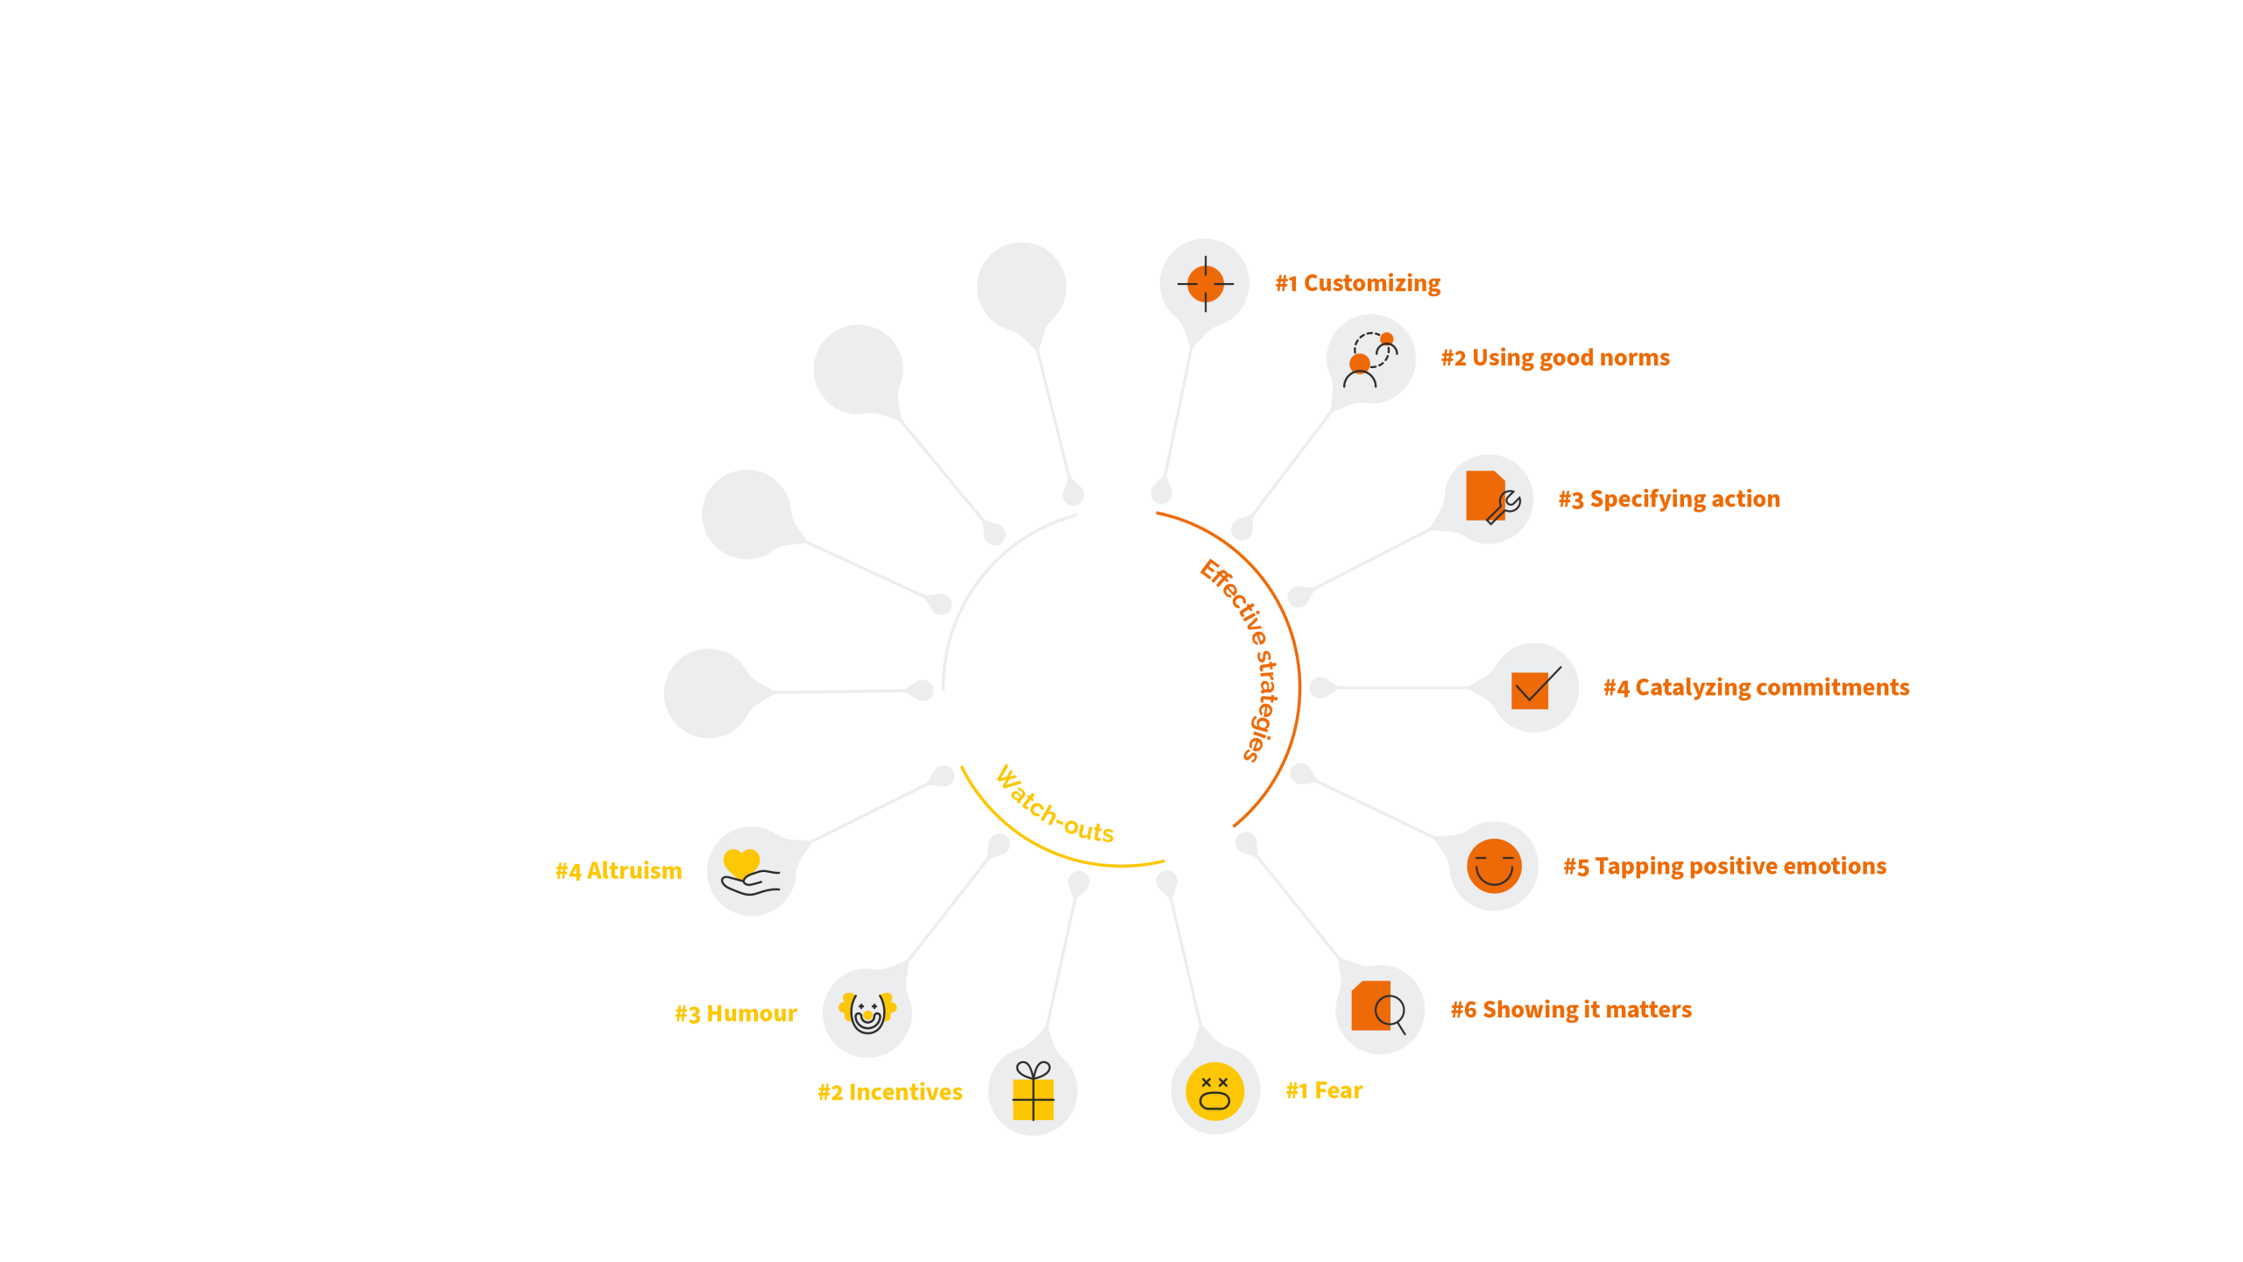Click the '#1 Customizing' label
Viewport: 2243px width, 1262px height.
coord(1357,283)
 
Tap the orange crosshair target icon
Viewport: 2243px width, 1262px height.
coord(1206,283)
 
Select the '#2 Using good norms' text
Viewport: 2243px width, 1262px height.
coord(1555,358)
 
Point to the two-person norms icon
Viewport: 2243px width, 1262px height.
coord(1370,359)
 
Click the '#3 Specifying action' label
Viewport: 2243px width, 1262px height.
coord(1669,499)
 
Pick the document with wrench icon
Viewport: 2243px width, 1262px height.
coord(1489,498)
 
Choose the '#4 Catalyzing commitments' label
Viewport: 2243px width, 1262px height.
coord(1756,687)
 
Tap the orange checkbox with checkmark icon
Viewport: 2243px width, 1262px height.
coord(1533,688)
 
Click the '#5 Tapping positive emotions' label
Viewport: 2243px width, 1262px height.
coord(1724,866)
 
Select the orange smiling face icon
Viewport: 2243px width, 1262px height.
coord(1494,866)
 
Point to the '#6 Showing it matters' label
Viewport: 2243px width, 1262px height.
coord(1571,1010)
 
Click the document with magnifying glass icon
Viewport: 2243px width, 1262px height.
coord(1378,1008)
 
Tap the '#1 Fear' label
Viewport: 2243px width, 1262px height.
coord(1324,1090)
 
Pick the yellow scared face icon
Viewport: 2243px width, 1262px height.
coord(1214,1091)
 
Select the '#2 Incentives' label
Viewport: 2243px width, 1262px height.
coord(889,1092)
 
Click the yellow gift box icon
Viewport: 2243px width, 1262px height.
coord(1033,1092)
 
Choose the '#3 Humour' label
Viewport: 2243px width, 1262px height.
coord(735,1014)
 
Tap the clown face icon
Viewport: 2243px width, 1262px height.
coord(867,1012)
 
